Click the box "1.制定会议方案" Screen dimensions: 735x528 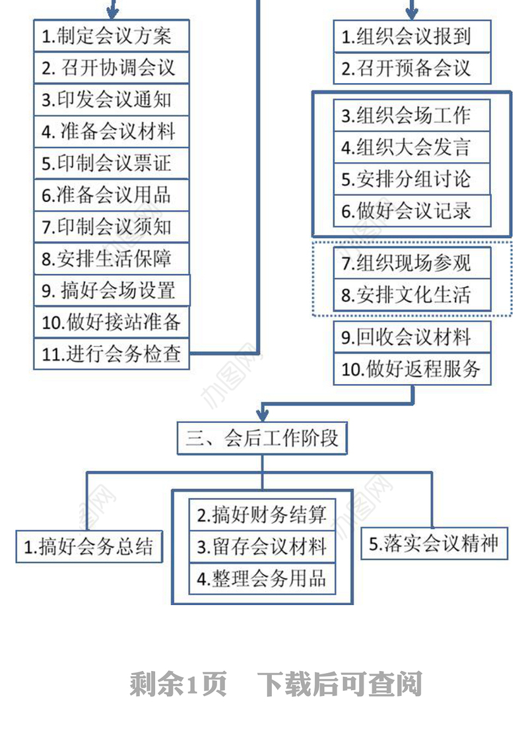[x=111, y=36]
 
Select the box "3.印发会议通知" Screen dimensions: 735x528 [x=111, y=99]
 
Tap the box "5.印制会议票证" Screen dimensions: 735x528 [x=111, y=162]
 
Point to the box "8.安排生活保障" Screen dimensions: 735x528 [x=111, y=258]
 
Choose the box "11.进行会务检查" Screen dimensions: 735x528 [x=111, y=354]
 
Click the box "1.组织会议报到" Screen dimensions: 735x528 [x=412, y=36]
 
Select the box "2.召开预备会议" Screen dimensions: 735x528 [x=412, y=68]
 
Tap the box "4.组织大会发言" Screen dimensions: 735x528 [x=412, y=147]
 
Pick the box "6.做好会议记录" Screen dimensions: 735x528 [x=412, y=211]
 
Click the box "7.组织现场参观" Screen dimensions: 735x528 [x=412, y=263]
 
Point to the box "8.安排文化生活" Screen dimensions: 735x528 [x=412, y=295]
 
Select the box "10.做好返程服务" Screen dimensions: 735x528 [x=412, y=369]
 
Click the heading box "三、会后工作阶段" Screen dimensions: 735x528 [x=262, y=438]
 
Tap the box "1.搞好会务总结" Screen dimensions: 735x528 [x=89, y=546]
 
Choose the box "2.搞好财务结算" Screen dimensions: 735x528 [x=262, y=515]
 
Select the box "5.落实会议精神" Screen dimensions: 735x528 [x=434, y=544]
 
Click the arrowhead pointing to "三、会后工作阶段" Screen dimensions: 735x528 [x=262, y=414]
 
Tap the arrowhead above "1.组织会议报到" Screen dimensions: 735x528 [x=412, y=13]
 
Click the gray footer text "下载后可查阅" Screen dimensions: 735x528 [x=339, y=684]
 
